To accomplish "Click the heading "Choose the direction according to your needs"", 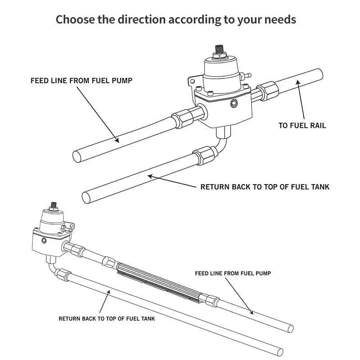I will (x=176, y=19).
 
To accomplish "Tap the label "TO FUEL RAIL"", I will (x=302, y=126).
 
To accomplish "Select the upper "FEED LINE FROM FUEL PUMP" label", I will (x=81, y=81).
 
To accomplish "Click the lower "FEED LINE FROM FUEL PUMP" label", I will (x=233, y=273).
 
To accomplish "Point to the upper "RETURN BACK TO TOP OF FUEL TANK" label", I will (x=265, y=186).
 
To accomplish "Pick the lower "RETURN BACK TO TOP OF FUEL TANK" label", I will (x=107, y=319).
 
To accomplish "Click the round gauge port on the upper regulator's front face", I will (x=233, y=104).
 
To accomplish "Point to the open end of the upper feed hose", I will (x=78, y=156).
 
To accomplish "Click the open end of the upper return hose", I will (x=87, y=197).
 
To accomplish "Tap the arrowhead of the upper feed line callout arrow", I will (x=118, y=141).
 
